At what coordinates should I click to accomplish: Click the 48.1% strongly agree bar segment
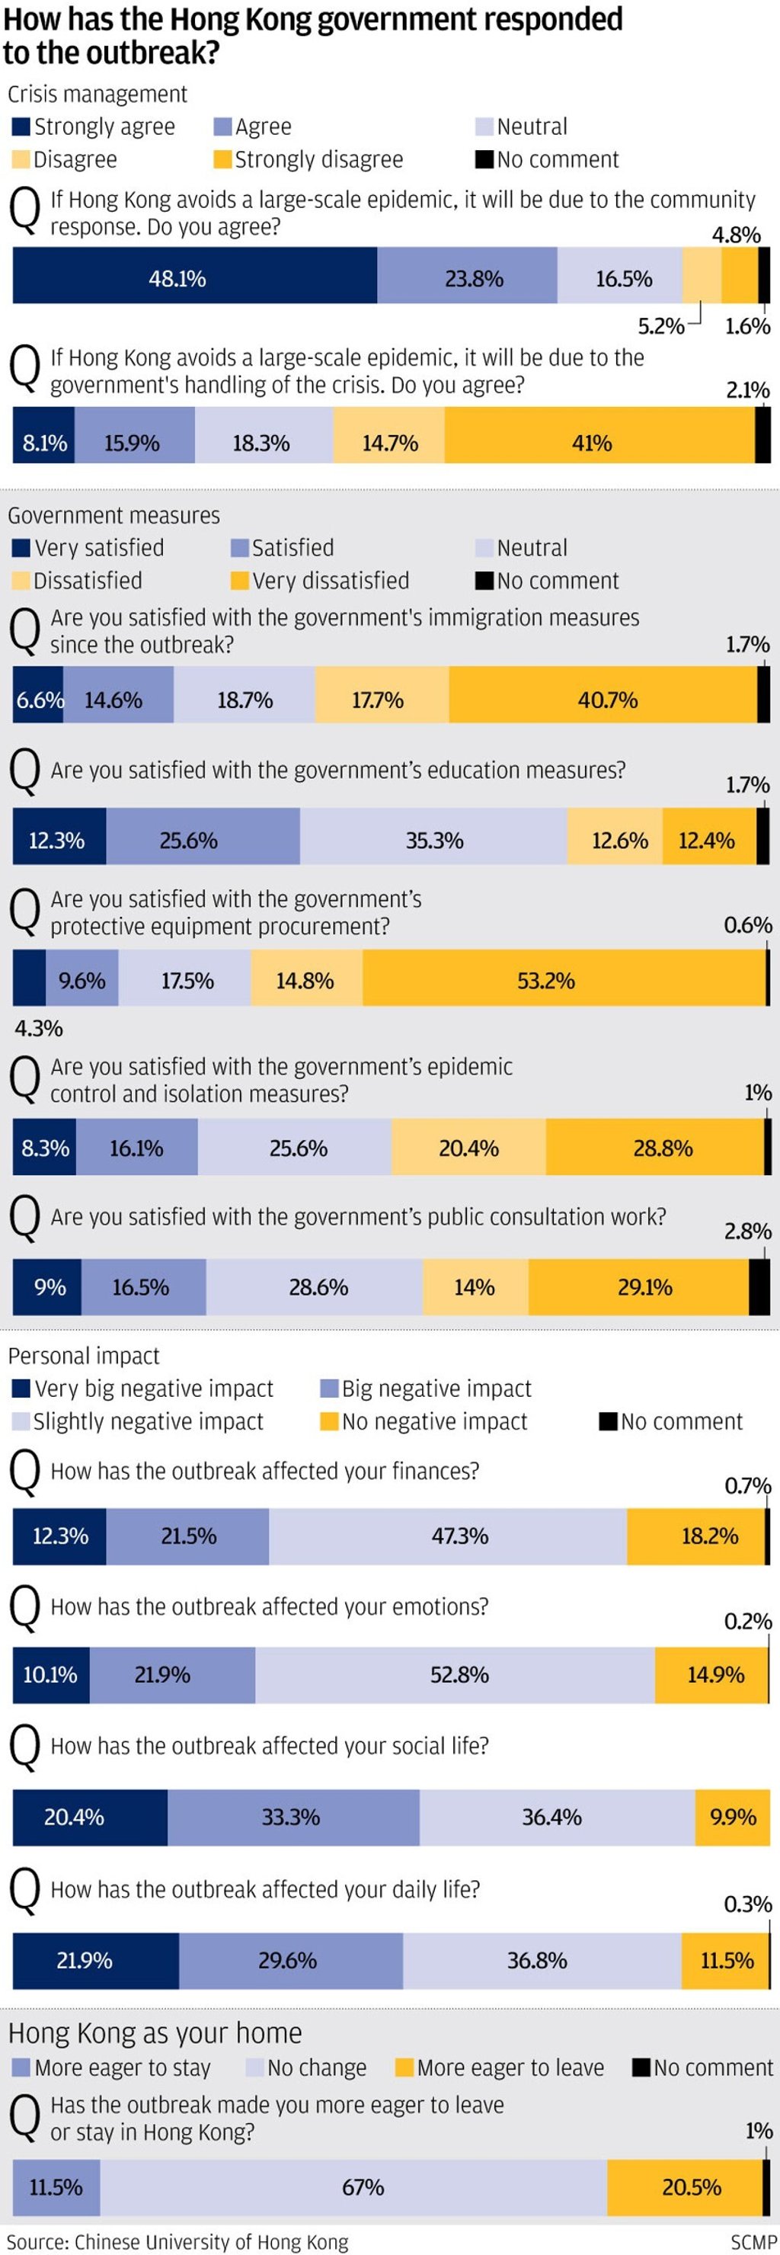(194, 278)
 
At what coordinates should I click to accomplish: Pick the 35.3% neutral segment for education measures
(433, 841)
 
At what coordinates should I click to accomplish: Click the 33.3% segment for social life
(292, 1818)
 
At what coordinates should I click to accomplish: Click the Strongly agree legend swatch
(21, 127)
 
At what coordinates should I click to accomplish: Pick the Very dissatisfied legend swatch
(239, 581)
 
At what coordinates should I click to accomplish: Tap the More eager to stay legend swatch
(21, 2068)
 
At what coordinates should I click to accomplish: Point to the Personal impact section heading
(84, 1356)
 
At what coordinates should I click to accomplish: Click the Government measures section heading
(113, 516)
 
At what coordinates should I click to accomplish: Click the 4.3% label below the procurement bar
(39, 1028)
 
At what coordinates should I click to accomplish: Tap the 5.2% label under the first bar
(661, 326)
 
